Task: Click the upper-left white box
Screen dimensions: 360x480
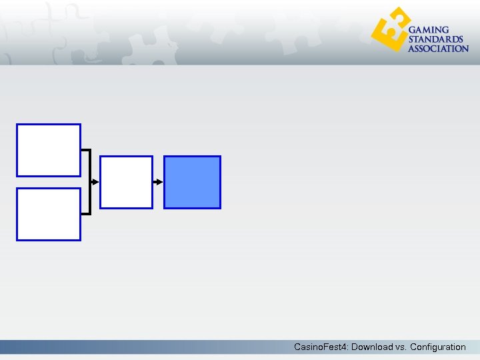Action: (x=49, y=150)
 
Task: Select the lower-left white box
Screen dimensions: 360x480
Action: (x=49, y=214)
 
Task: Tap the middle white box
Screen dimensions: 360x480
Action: (x=126, y=182)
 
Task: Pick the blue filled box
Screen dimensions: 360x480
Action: (x=192, y=182)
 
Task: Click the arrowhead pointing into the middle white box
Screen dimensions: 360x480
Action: (x=95, y=182)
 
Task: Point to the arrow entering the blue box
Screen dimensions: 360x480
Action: (x=159, y=182)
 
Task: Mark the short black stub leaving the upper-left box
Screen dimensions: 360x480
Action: (x=85, y=150)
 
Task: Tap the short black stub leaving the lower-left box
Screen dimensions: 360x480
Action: (x=85, y=214)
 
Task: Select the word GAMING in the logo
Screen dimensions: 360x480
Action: (x=429, y=31)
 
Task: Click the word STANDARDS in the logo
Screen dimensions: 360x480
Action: (x=435, y=39)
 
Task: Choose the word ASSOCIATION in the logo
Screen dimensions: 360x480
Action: (x=438, y=49)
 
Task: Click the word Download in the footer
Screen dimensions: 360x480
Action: (x=372, y=347)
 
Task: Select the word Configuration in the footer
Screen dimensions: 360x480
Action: (x=438, y=347)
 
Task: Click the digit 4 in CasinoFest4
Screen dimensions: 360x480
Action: (x=345, y=347)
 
